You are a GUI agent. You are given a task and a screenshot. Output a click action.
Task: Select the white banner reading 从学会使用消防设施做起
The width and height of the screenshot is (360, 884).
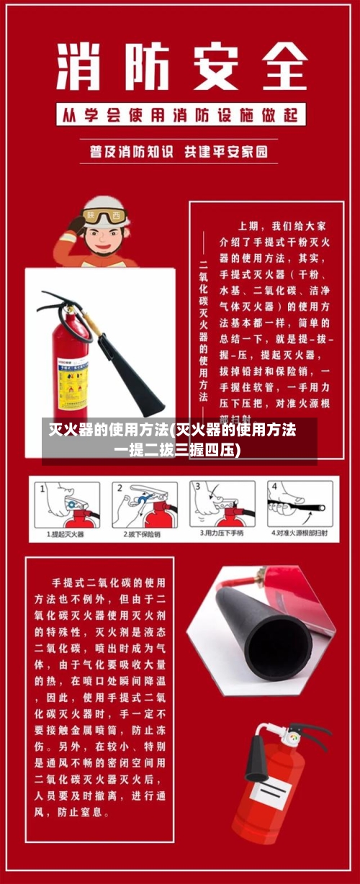point(180,114)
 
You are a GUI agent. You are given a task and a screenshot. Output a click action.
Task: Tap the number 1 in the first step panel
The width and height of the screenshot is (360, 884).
point(42,487)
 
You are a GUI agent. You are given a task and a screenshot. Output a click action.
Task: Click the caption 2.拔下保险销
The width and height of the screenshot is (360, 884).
point(142,534)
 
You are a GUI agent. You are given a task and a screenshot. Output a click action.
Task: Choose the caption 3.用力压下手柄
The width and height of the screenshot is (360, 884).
point(221,534)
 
